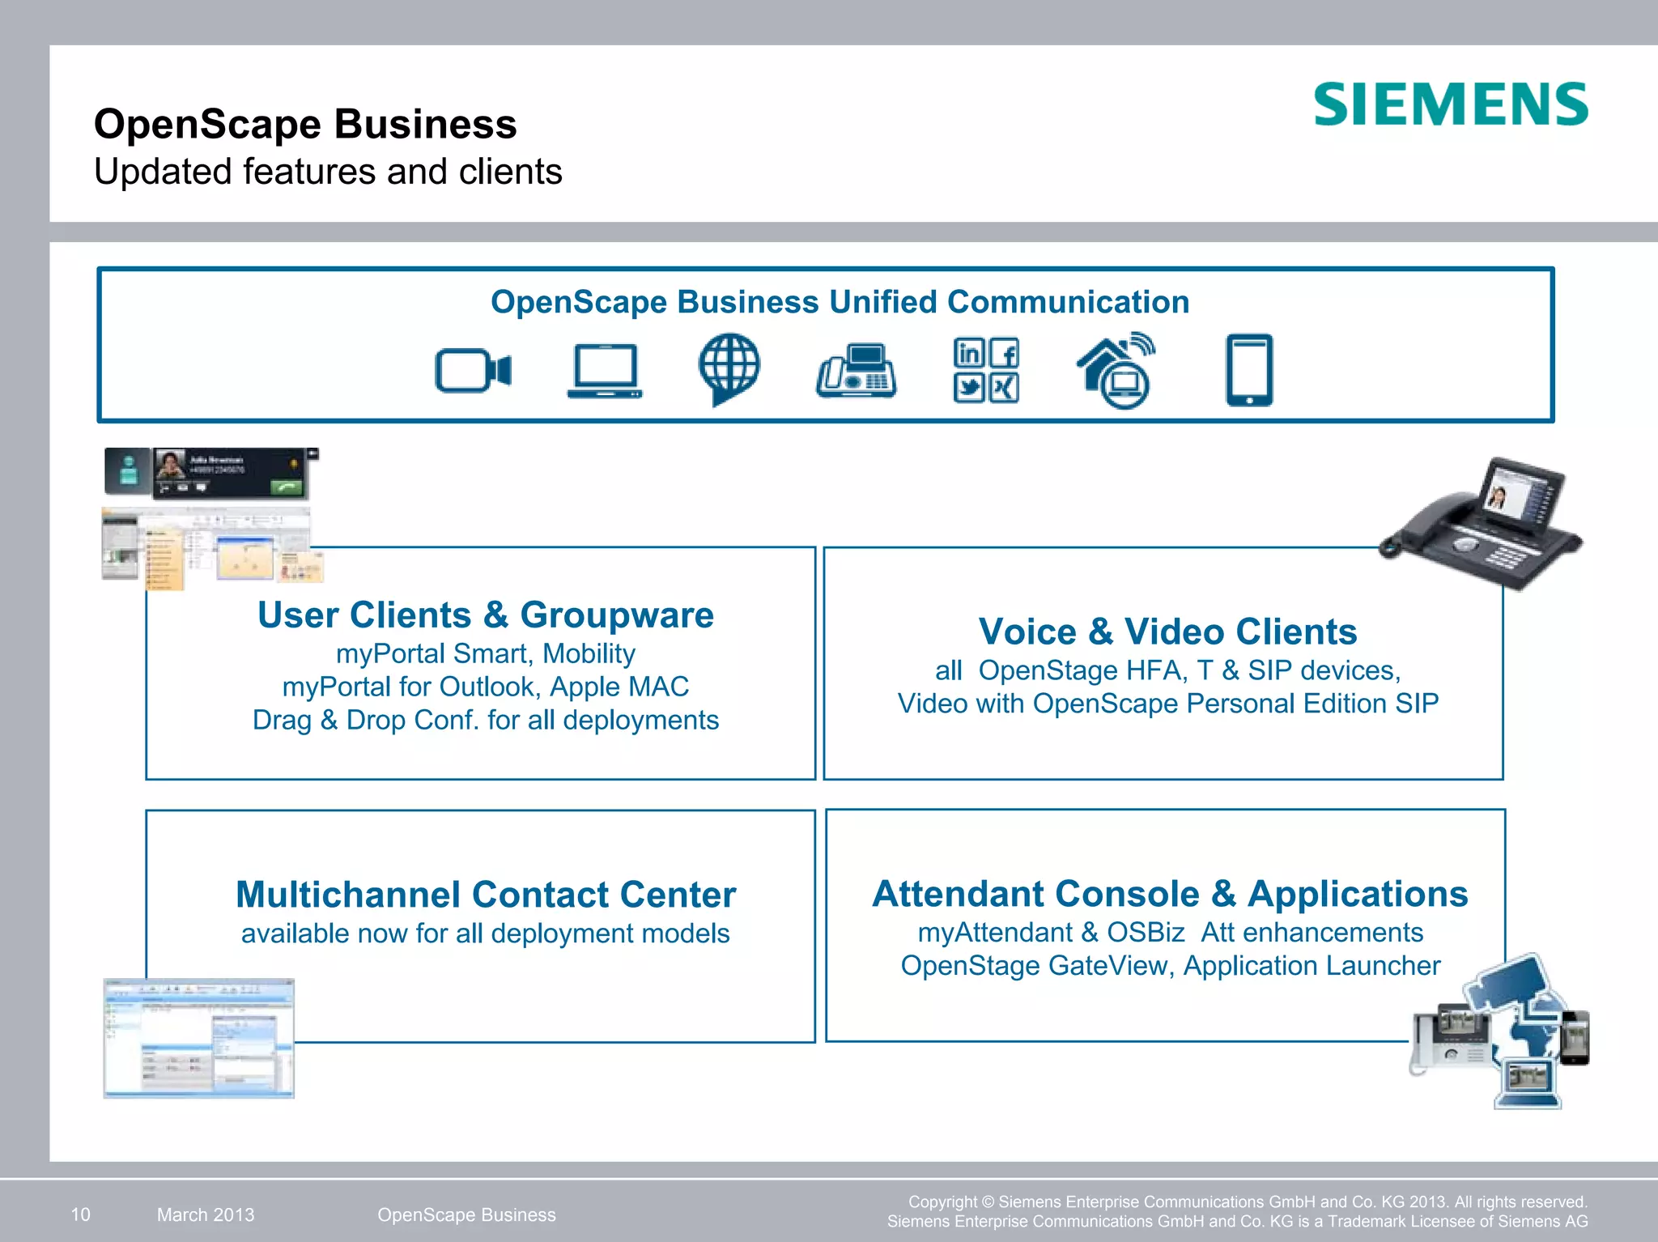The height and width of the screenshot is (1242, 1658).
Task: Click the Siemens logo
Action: pos(1450,104)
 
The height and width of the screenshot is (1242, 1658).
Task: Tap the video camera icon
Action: pos(473,371)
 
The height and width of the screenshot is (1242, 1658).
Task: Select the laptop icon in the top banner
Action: pos(604,372)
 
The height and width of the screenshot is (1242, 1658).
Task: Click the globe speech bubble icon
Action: pos(729,368)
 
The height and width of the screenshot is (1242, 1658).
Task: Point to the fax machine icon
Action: pos(856,372)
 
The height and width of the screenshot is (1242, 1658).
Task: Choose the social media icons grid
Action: pos(985,370)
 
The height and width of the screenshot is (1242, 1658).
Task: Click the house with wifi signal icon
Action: pos(1116,370)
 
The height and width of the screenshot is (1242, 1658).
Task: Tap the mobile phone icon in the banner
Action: pos(1248,370)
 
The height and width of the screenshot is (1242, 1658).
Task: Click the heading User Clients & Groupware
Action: pos(485,615)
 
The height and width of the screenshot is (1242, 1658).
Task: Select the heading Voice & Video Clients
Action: pos(1167,632)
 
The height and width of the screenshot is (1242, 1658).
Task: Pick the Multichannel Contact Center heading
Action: pos(486,895)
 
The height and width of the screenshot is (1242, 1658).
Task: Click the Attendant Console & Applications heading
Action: pos(1170,894)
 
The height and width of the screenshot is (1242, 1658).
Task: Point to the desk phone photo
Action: pos(1482,522)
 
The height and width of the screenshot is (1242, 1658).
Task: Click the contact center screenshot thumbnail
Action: pos(198,1038)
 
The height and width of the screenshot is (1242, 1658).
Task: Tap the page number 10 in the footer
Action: pos(81,1214)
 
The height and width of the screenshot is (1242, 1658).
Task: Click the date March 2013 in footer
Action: pos(206,1214)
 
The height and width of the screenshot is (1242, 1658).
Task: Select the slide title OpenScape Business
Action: pos(305,124)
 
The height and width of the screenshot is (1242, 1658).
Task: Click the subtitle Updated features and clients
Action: pos(328,172)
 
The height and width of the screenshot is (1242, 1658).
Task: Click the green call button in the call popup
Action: pos(287,487)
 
